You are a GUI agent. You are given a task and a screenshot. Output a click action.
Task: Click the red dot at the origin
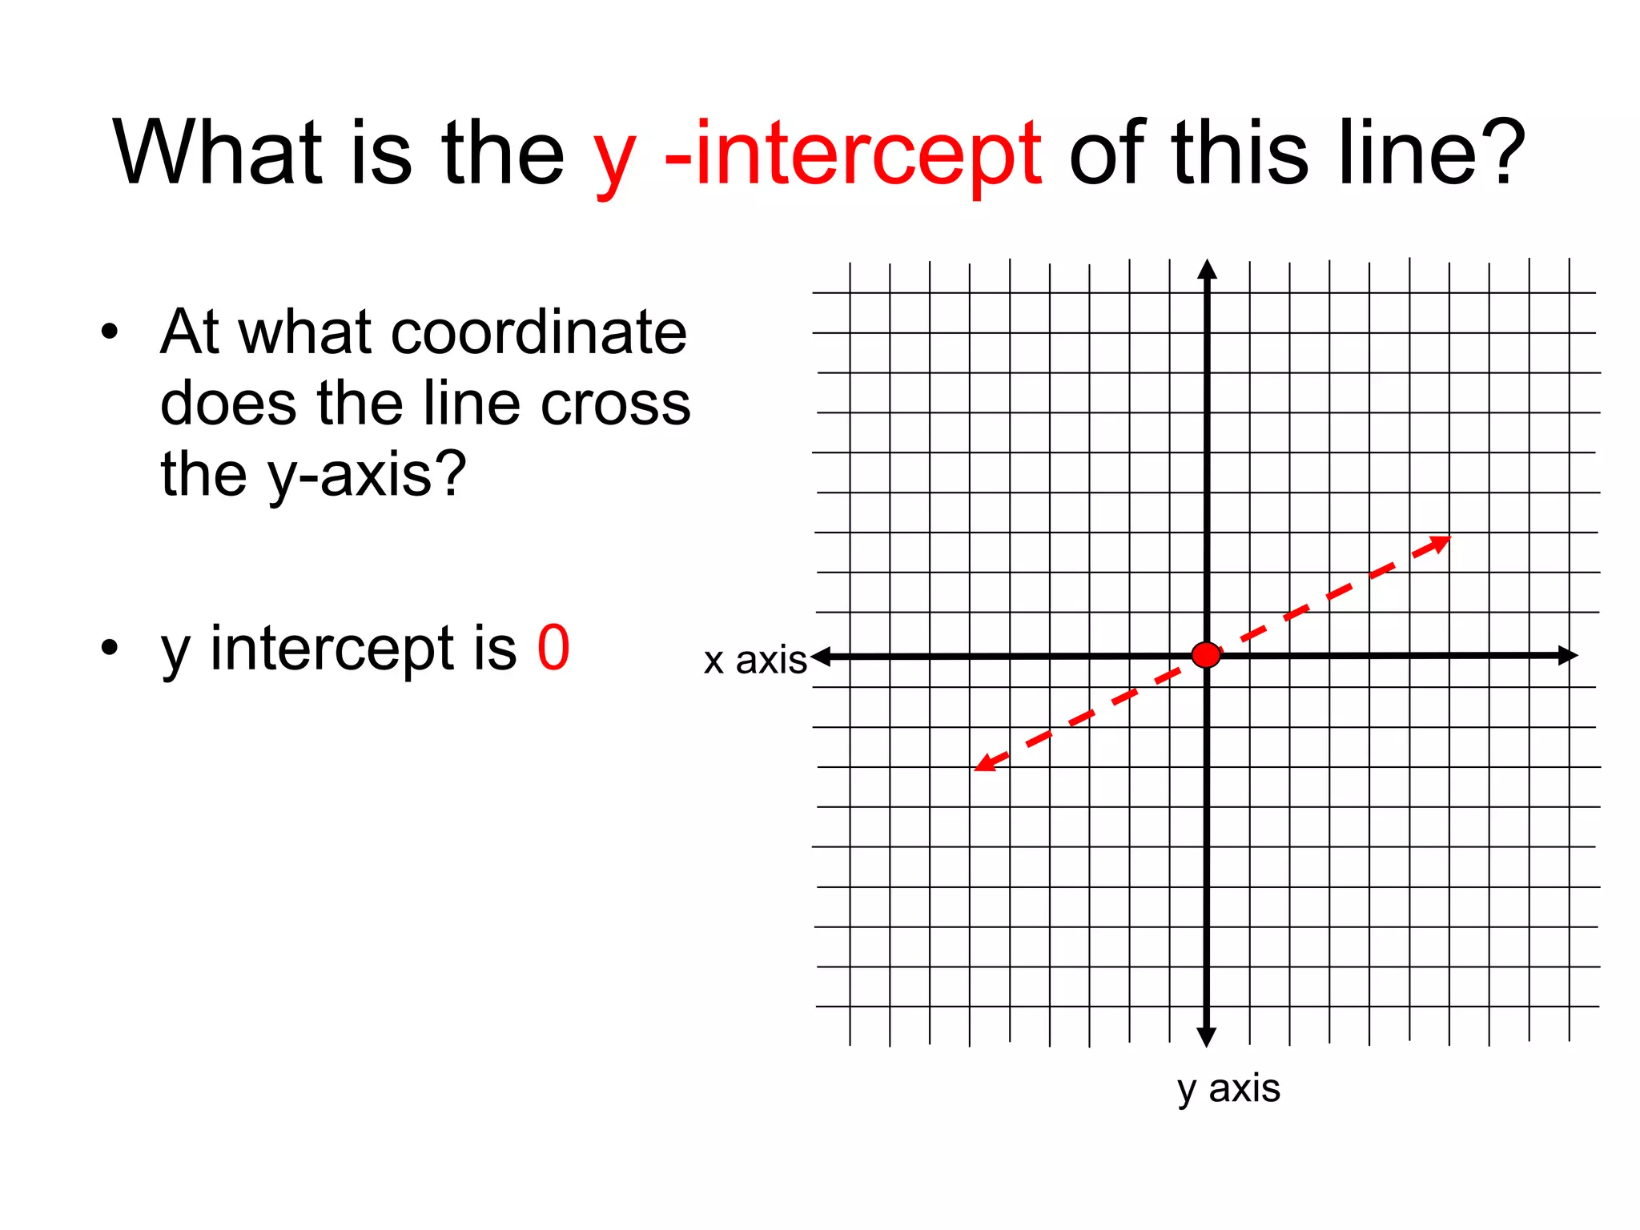tap(1206, 654)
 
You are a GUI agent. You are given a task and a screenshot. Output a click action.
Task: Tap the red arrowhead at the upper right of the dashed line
tap(1440, 543)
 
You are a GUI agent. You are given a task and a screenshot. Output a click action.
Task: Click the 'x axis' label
tap(754, 661)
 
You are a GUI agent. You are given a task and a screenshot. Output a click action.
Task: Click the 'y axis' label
tap(1228, 1089)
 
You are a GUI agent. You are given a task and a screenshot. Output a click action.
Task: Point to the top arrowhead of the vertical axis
tap(1207, 271)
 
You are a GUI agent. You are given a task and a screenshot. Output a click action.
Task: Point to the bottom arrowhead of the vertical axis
tap(1207, 1037)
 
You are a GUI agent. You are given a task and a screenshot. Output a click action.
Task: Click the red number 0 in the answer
tap(553, 648)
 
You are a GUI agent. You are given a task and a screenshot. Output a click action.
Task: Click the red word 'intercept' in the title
tap(868, 152)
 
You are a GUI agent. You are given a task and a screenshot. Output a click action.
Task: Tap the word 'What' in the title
tap(217, 152)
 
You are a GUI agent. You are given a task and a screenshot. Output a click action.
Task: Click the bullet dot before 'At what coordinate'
tap(110, 332)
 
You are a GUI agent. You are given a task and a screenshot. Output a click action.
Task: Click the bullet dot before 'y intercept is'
tap(110, 648)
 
